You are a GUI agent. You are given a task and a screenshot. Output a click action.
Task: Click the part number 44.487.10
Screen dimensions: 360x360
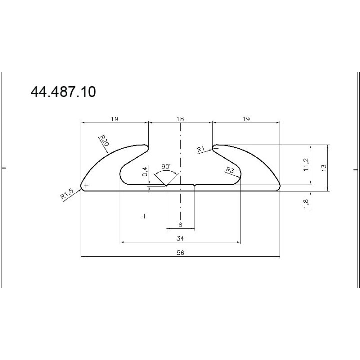point(63,92)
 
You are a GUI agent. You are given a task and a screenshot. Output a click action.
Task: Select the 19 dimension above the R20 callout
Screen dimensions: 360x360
point(114,119)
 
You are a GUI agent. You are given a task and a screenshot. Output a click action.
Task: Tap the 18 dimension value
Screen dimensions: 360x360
point(180,119)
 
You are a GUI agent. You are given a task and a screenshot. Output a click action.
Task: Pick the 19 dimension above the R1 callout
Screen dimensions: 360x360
point(246,119)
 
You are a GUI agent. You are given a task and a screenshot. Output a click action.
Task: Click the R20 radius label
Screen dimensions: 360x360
point(104,140)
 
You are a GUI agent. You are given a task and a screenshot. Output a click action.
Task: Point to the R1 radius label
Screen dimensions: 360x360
point(201,149)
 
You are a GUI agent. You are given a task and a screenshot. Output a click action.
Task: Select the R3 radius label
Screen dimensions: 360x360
point(230,170)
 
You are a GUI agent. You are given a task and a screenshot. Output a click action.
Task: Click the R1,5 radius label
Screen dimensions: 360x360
point(67,194)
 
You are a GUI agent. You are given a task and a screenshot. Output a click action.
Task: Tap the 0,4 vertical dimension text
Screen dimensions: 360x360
point(145,172)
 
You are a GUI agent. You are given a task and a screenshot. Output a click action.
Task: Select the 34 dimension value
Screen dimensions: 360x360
point(180,238)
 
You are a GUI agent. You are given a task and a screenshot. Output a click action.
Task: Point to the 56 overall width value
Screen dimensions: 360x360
point(180,253)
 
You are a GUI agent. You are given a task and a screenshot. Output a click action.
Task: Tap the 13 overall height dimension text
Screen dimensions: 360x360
point(323,167)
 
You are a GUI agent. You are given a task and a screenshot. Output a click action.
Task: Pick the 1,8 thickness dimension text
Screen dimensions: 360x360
point(306,203)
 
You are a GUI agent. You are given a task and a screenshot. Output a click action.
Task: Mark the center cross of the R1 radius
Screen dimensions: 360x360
point(216,148)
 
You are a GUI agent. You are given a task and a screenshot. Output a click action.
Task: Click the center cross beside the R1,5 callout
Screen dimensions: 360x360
point(86,186)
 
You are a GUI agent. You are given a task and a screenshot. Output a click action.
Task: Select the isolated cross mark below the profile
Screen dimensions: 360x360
point(145,216)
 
